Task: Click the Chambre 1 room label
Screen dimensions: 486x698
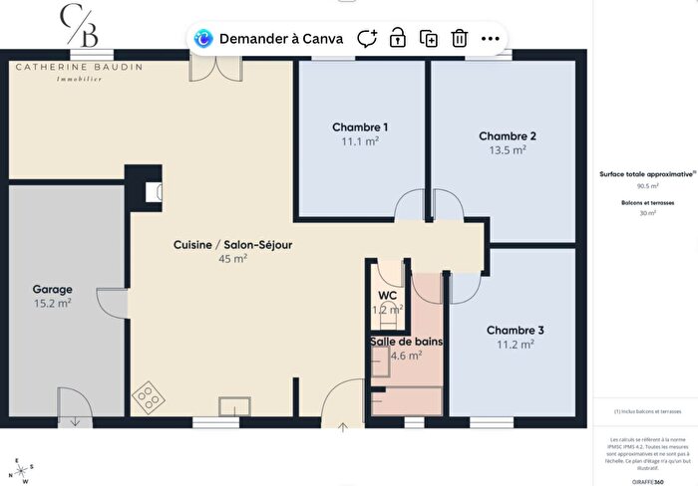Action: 360,127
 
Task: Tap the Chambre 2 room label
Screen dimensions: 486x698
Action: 508,136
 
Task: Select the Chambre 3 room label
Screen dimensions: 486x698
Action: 516,330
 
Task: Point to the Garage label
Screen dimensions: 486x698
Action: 52,290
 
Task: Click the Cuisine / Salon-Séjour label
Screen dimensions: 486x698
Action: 232,244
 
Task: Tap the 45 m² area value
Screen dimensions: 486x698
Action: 232,258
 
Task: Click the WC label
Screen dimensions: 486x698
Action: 388,296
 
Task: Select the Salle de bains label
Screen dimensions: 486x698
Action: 406,342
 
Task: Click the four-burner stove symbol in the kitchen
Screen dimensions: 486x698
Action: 150,397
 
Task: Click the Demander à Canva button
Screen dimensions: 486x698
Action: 268,39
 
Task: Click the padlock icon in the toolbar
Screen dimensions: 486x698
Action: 398,39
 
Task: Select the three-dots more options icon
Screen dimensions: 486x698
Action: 490,39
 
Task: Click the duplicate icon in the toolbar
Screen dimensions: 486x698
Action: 429,39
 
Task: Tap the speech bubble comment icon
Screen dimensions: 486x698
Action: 367,39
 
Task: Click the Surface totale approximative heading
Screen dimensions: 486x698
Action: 640,173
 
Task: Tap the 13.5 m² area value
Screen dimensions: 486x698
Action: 508,150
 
